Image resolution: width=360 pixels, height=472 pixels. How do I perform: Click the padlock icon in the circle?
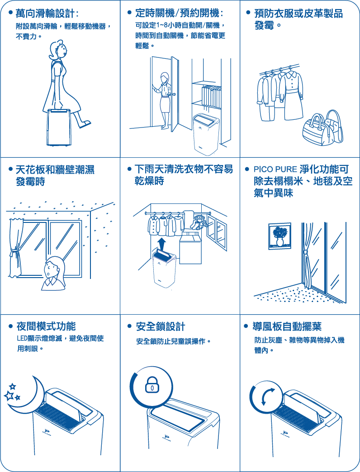[x=152, y=385]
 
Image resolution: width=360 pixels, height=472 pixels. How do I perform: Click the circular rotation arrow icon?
[x=268, y=396]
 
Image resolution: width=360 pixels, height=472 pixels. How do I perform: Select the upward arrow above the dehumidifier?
[x=161, y=243]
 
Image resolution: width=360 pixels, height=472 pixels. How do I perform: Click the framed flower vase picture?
[x=280, y=236]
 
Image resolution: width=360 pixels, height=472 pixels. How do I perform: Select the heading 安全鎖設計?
[x=161, y=326]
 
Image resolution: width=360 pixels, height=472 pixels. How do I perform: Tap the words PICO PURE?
[x=275, y=169]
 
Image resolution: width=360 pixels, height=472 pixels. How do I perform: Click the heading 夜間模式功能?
[x=46, y=326]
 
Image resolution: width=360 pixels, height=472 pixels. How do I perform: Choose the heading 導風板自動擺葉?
[x=287, y=326]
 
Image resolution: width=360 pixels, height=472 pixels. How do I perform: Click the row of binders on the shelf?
[x=211, y=97]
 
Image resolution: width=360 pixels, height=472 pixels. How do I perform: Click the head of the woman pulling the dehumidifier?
[x=57, y=49]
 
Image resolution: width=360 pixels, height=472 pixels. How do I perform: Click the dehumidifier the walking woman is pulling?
[x=58, y=127]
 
